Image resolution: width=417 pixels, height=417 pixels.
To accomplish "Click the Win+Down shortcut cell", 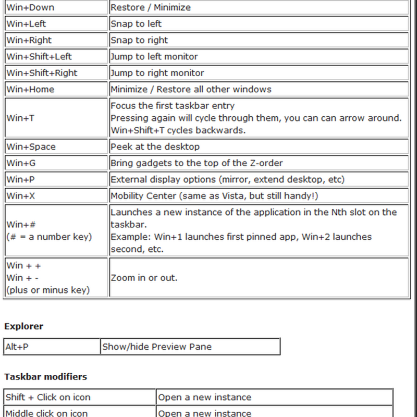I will tap(30, 7).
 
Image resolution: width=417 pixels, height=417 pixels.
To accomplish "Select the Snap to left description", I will tap(136, 24).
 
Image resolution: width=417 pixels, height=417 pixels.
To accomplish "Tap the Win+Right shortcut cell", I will tap(29, 40).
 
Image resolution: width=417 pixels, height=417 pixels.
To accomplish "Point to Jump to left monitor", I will tap(154, 56).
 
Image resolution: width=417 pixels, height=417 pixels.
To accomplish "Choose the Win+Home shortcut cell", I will tap(30, 89).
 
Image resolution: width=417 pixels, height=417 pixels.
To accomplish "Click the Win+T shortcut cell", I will tap(21, 118).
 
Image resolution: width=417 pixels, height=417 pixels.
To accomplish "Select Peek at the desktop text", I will tap(155, 146).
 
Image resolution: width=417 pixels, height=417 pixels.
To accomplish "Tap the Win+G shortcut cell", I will tap(21, 163).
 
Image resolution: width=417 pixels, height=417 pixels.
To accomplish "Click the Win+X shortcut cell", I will tap(20, 196).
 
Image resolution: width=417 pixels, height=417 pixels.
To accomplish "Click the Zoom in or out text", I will tap(144, 278).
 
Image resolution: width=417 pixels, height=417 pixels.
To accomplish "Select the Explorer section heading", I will tap(24, 326).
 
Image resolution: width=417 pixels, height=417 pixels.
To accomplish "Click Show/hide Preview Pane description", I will tap(157, 347).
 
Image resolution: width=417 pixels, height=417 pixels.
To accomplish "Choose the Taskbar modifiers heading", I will tap(46, 376).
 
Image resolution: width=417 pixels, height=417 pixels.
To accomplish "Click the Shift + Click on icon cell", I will tap(48, 397).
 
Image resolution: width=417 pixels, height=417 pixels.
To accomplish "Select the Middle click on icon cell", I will tap(47, 413).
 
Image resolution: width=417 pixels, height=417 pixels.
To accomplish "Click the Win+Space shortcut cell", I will tap(31, 146).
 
